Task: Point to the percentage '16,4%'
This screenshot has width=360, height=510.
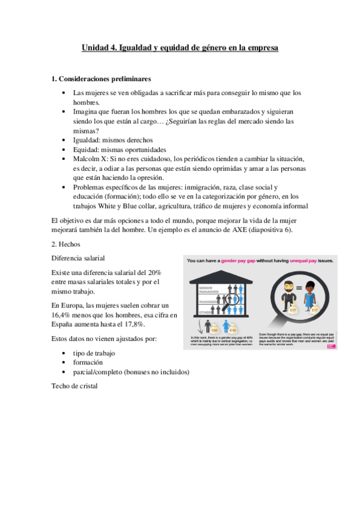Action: click(x=63, y=315)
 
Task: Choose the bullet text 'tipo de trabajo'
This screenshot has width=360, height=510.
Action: click(x=94, y=354)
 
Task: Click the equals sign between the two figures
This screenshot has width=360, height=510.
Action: click(x=299, y=289)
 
